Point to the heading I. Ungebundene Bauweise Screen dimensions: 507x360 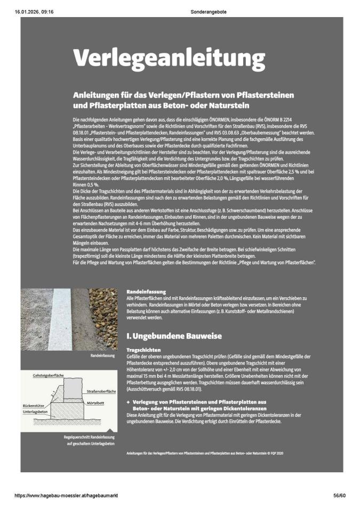point(174,336)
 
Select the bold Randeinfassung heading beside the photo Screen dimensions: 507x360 point(146,291)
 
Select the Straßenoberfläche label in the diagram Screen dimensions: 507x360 point(101,392)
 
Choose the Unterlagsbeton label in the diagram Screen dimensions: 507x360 point(36,411)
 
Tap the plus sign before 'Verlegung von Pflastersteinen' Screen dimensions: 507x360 point(128,401)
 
